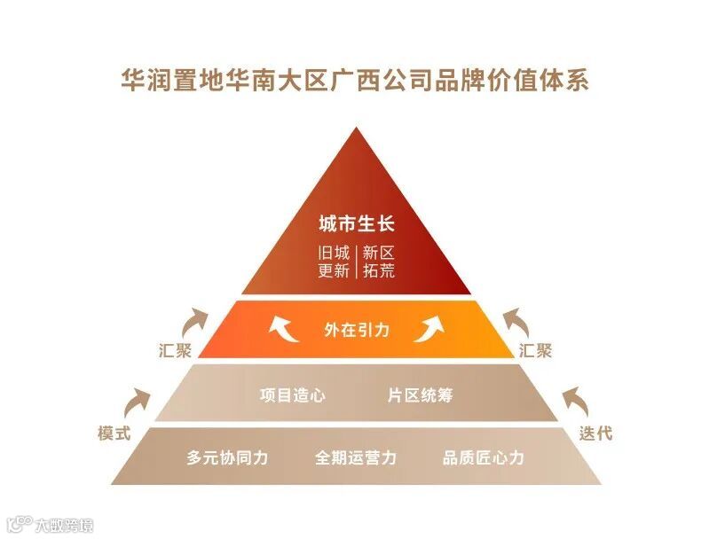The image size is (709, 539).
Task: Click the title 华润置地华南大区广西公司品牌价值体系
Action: [355, 81]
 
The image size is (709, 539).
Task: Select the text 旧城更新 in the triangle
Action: [334, 262]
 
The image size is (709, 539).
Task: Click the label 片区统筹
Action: [421, 394]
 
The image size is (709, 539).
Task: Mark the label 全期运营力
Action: [356, 457]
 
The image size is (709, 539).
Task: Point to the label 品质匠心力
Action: [484, 457]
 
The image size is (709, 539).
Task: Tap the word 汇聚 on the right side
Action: [536, 350]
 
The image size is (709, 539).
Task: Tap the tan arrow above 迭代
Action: [574, 402]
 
